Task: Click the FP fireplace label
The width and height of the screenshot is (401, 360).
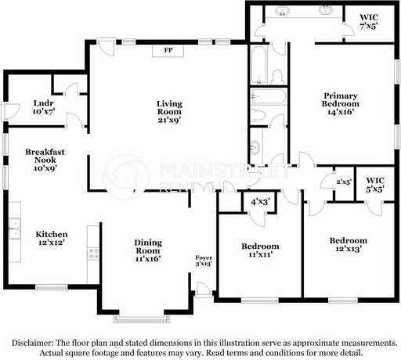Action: pyautogui.click(x=168, y=50)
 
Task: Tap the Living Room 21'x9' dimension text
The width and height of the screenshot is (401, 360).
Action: pyautogui.click(x=169, y=120)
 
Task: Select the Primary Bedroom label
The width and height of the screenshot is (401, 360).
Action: pyautogui.click(x=340, y=99)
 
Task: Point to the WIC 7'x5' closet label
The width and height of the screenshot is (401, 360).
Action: pyautogui.click(x=369, y=22)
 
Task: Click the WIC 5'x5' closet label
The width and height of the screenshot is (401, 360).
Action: pyautogui.click(x=375, y=185)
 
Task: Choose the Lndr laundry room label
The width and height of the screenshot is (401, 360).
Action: pyautogui.click(x=44, y=103)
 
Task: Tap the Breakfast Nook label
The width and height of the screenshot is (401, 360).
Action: pyautogui.click(x=45, y=156)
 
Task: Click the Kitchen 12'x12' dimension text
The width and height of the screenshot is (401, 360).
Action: pyautogui.click(x=52, y=243)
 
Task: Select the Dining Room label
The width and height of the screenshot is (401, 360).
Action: pyautogui.click(x=148, y=247)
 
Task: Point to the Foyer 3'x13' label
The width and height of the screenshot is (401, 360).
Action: pyautogui.click(x=204, y=261)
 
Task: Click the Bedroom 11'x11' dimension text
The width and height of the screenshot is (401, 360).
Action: pyautogui.click(x=261, y=254)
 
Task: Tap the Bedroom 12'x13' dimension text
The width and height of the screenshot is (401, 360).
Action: pyautogui.click(x=349, y=248)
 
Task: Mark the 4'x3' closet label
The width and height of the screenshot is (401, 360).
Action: pyautogui.click(x=260, y=202)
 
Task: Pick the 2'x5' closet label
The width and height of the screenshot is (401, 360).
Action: pyautogui.click(x=344, y=182)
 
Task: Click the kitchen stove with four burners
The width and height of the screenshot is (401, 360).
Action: pyautogui.click(x=93, y=254)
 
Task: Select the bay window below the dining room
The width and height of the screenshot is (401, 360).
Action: pyautogui.click(x=142, y=319)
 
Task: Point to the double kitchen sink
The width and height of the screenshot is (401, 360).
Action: pyautogui.click(x=15, y=229)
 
